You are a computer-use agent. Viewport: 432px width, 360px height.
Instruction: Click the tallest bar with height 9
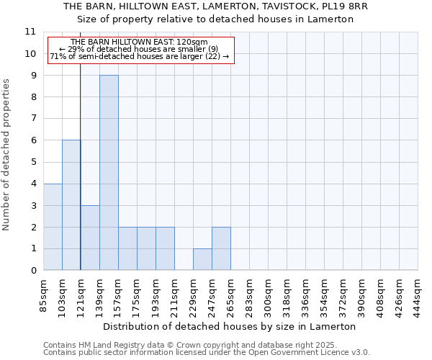pos(109,173)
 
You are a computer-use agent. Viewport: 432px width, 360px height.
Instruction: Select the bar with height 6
pos(71,205)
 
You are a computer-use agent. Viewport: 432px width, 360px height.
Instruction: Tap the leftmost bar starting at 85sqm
pos(53,227)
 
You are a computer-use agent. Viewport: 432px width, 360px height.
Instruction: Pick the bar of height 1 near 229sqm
pos(202,260)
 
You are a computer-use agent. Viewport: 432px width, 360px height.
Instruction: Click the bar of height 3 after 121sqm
pos(90,238)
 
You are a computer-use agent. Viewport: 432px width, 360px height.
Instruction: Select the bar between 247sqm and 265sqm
pos(221,249)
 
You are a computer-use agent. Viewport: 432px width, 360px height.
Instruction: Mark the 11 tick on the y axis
pos(30,32)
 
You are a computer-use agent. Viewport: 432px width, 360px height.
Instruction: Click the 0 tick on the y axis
pos(32,271)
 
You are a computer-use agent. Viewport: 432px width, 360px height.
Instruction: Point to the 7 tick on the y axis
pos(32,119)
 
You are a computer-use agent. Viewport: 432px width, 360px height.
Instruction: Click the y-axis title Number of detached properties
pos(6,155)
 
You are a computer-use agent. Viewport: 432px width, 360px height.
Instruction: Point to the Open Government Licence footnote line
pos(207,352)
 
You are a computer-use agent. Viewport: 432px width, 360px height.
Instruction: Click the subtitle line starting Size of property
pos(215,19)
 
